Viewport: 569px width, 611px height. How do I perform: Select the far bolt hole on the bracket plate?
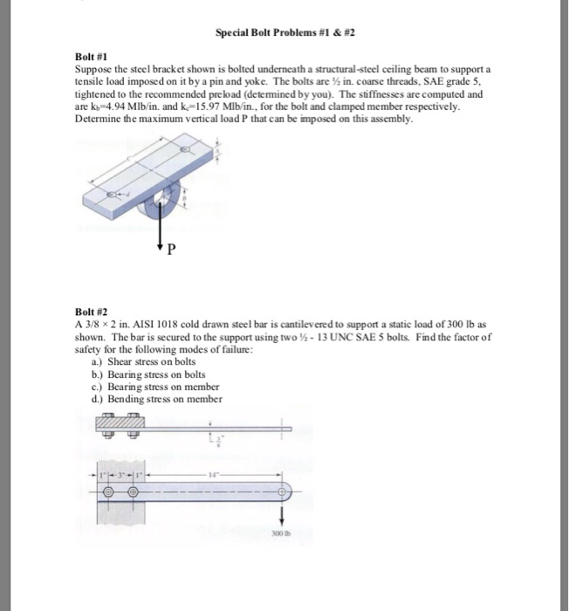coord(185,150)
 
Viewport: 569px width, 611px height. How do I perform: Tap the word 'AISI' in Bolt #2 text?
coord(146,322)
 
